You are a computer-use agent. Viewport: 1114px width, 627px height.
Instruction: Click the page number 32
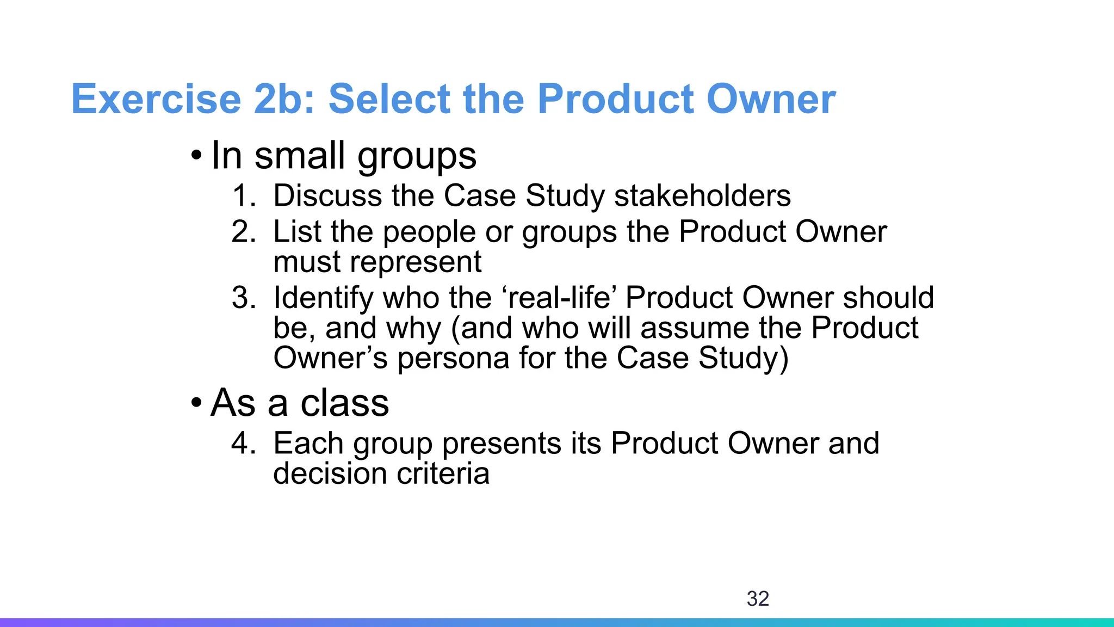click(x=758, y=599)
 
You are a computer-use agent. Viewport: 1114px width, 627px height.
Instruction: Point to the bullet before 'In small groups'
click(x=196, y=157)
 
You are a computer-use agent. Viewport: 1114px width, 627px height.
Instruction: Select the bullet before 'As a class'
click(x=196, y=404)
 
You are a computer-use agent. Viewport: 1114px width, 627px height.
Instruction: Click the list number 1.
click(x=243, y=196)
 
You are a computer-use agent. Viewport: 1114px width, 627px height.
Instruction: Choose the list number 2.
click(x=243, y=232)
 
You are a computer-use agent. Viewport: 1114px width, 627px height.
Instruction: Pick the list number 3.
click(x=243, y=298)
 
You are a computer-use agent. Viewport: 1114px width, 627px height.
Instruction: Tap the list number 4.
click(x=243, y=443)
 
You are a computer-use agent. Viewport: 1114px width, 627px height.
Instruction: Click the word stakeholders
click(x=702, y=196)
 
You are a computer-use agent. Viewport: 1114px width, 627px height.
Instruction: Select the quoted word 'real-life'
click(x=562, y=298)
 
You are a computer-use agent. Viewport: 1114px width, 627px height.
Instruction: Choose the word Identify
click(x=323, y=298)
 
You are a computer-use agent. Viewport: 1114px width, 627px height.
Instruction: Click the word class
click(x=345, y=404)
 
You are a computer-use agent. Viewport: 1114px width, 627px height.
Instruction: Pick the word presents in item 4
click(x=501, y=444)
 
